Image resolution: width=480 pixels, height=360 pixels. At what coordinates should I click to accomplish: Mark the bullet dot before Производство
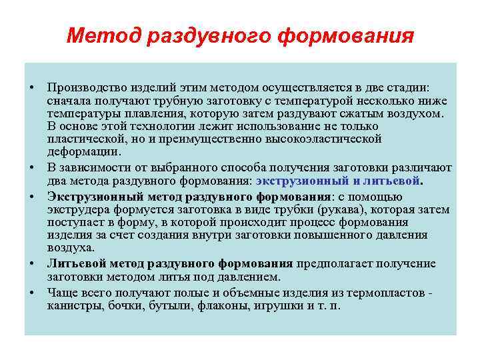click(x=31, y=89)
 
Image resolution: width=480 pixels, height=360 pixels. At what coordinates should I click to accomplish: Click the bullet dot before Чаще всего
click(x=31, y=293)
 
